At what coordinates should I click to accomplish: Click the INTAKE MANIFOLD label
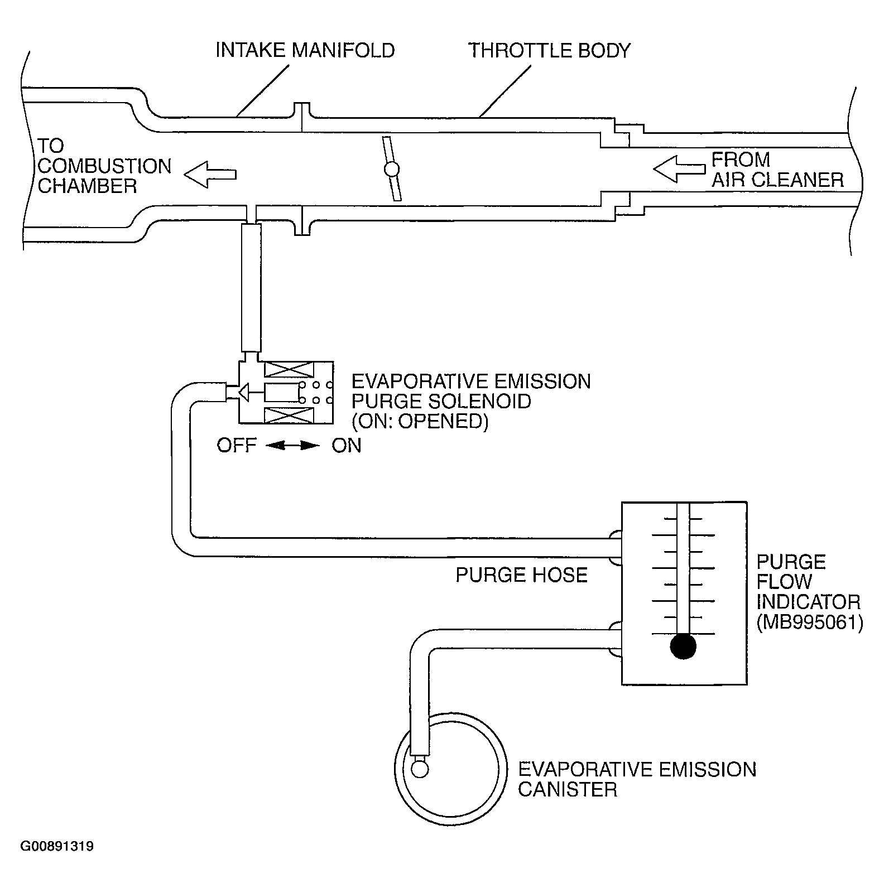click(x=305, y=50)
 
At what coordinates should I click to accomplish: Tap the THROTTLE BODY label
click(x=549, y=50)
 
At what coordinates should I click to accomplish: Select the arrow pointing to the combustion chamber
click(x=210, y=173)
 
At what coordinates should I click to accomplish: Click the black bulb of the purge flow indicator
click(x=684, y=647)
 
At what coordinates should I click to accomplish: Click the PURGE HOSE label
click(x=521, y=575)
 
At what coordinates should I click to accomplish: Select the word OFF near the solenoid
click(x=237, y=446)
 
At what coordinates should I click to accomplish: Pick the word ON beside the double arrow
click(x=347, y=446)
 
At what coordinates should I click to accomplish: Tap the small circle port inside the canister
click(x=419, y=770)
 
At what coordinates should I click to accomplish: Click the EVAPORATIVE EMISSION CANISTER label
click(x=636, y=779)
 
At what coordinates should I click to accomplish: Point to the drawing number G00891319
click(x=57, y=847)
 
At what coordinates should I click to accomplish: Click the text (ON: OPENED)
click(x=420, y=422)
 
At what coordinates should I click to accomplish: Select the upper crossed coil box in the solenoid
click(x=289, y=369)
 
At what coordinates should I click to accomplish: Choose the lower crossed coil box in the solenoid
click(x=289, y=415)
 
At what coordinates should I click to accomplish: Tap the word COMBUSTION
click(x=104, y=166)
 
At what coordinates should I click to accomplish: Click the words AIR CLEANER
click(x=777, y=180)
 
